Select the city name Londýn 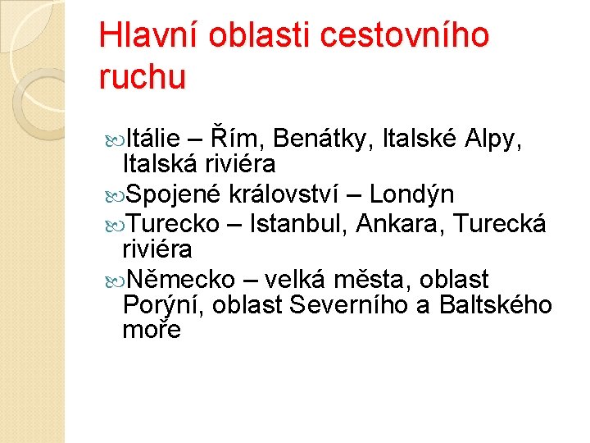(x=412, y=195)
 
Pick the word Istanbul (x=302, y=223)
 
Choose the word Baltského (x=496, y=305)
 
